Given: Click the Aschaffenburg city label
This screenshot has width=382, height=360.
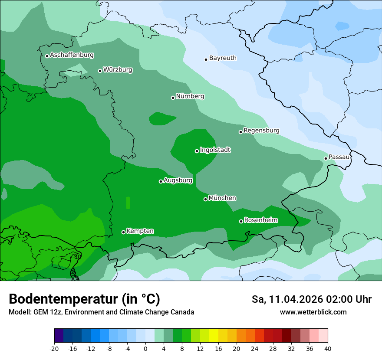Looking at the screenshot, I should [72, 55].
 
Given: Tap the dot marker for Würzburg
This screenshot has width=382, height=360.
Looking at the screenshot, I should [100, 71].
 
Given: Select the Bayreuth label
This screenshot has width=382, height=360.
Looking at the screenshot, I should [223, 58].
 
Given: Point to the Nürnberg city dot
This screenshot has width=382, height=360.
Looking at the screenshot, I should [173, 98].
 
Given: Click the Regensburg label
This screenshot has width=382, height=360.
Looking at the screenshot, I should [261, 131].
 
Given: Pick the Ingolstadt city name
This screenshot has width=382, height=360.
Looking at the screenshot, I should [215, 150].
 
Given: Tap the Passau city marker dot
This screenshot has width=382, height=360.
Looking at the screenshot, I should [326, 158].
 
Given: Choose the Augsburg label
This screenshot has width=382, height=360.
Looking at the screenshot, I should [178, 180].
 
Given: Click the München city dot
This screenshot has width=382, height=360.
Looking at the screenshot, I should [205, 199].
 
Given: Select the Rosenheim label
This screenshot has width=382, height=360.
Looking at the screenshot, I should [260, 220].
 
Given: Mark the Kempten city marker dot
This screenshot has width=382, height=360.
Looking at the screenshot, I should [123, 232].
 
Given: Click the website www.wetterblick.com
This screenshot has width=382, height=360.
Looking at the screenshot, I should [313, 312].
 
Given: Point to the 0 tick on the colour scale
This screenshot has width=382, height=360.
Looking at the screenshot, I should [145, 348].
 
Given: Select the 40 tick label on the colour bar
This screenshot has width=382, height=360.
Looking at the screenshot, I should [328, 348].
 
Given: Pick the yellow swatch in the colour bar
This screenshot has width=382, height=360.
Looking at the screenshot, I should [214, 336].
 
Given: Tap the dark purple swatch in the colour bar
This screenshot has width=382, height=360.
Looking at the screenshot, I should [59, 336].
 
